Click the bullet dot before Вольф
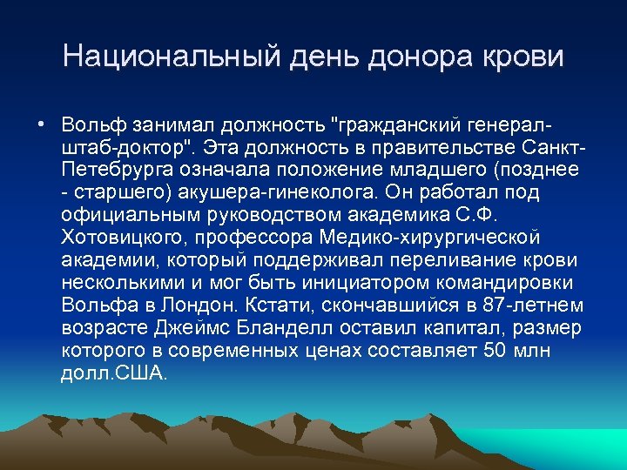click(41, 121)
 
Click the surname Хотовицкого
click(120, 236)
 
